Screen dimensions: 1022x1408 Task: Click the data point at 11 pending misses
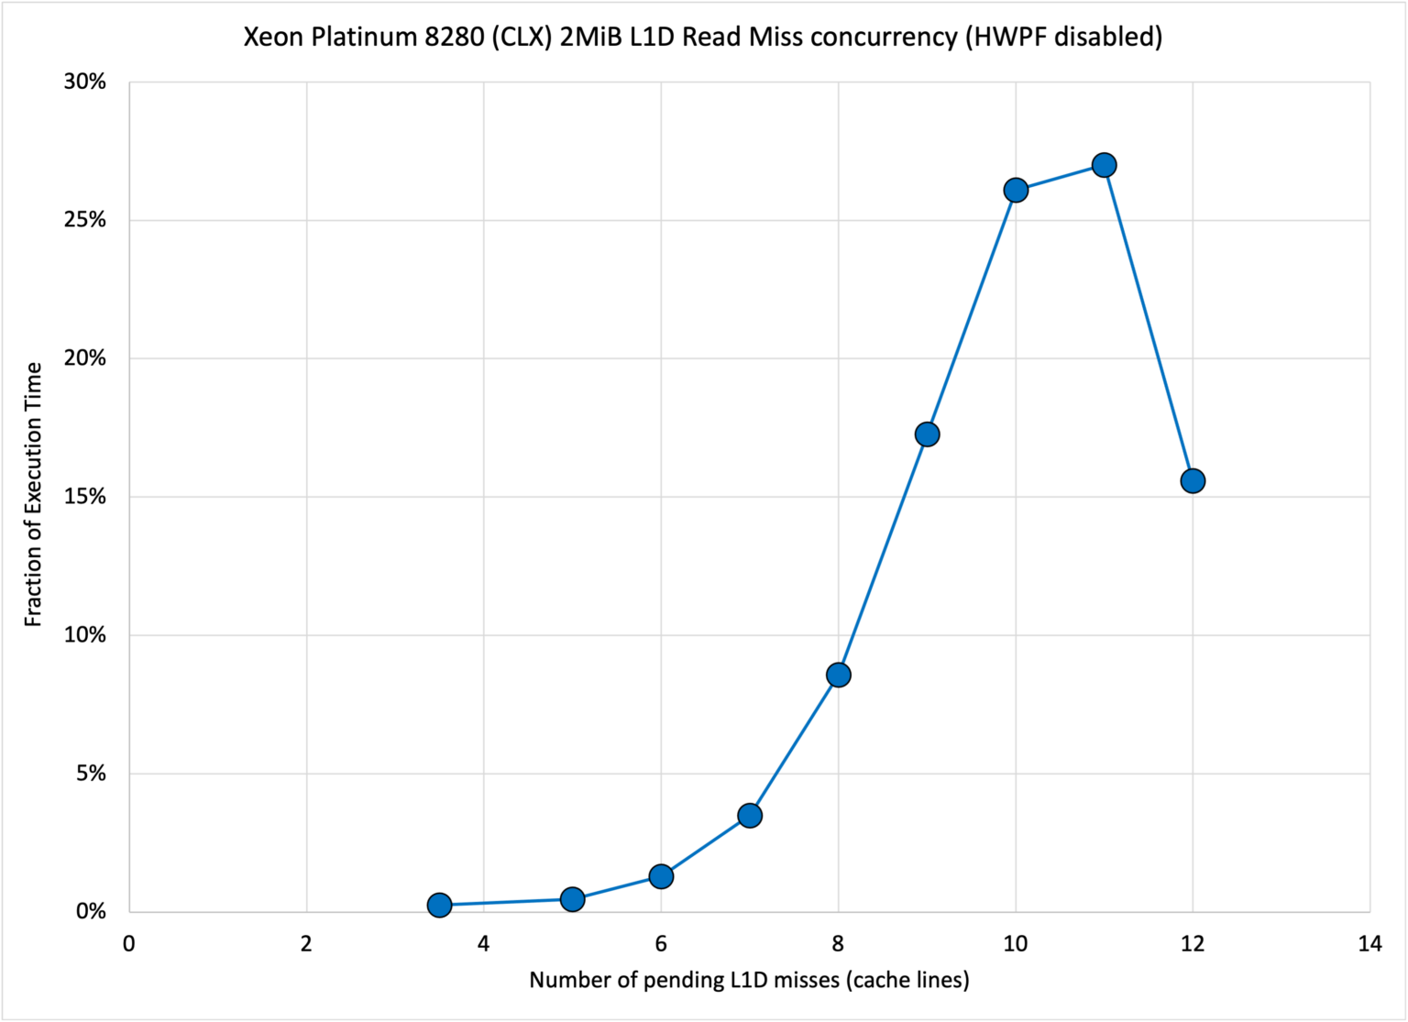click(x=1104, y=165)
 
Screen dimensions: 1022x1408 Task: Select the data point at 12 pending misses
click(x=1193, y=480)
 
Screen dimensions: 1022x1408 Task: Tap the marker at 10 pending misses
click(x=1016, y=191)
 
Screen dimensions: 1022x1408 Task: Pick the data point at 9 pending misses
click(x=927, y=434)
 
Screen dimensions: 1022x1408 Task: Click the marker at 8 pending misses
click(x=838, y=675)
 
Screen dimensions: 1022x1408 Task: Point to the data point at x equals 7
click(x=750, y=815)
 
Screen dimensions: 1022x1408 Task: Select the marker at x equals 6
click(x=661, y=876)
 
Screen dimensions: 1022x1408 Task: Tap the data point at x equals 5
click(x=572, y=899)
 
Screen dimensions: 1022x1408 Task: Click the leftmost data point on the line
click(x=439, y=906)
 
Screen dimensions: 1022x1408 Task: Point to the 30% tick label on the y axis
click(x=85, y=82)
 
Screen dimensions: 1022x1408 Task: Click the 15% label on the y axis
click(x=85, y=497)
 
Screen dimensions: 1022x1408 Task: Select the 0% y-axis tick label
click(x=90, y=912)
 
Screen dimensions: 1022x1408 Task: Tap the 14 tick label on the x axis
click(x=1369, y=944)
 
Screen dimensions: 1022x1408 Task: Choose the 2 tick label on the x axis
click(x=306, y=944)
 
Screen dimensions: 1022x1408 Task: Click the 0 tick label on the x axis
click(x=129, y=944)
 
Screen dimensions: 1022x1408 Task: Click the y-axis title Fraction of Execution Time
click(x=34, y=495)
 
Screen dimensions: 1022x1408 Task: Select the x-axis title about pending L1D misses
click(x=749, y=980)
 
